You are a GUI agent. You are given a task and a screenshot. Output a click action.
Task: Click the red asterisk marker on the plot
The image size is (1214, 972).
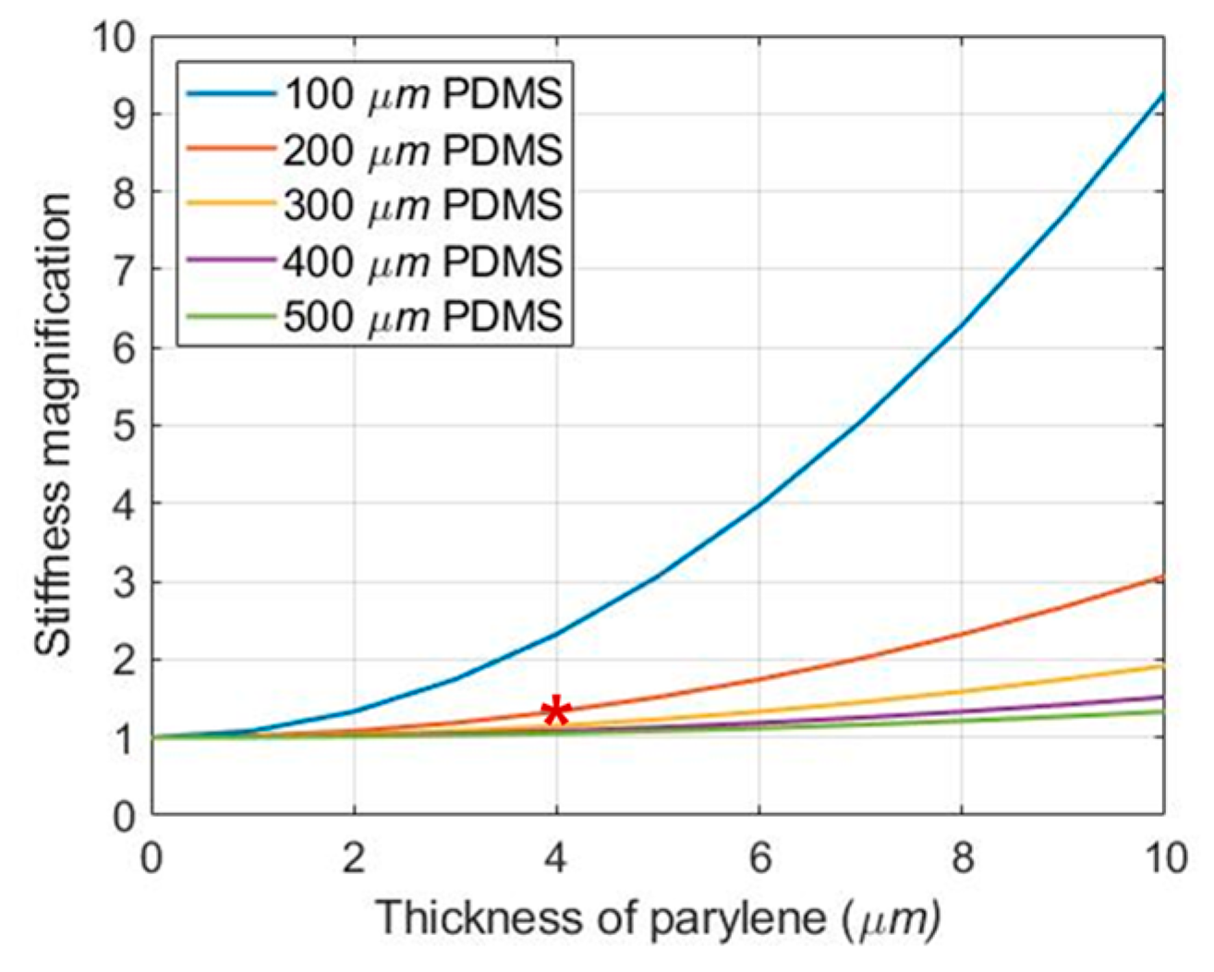(555, 711)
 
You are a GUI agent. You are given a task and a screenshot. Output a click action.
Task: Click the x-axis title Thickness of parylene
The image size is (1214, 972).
(658, 918)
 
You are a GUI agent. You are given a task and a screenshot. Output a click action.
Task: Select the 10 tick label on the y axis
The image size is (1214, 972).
(112, 37)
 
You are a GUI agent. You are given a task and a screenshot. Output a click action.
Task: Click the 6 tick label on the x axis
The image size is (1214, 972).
(759, 858)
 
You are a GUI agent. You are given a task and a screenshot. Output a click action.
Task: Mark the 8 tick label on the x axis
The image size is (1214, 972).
(961, 858)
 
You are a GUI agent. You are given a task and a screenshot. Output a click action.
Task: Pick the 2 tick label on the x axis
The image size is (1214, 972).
(354, 858)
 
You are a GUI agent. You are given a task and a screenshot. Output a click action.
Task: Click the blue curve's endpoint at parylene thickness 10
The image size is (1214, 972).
(1162, 92)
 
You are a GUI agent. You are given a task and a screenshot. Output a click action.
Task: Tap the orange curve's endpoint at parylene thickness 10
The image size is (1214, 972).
(1162, 577)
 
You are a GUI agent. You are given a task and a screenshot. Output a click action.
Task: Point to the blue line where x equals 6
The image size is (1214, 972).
(759, 504)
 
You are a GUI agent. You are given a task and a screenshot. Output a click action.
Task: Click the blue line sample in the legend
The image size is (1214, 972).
(231, 94)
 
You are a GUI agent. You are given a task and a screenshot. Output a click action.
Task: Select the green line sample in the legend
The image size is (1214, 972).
(231, 317)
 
